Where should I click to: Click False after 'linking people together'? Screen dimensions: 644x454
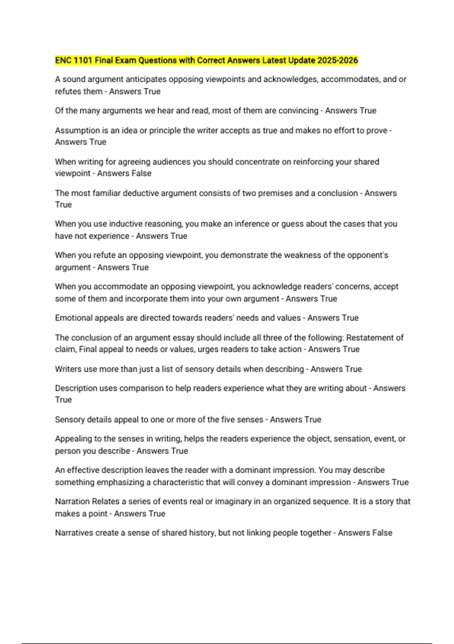382,533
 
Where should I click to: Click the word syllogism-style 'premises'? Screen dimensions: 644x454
275,193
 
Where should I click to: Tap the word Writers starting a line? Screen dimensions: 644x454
68,369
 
